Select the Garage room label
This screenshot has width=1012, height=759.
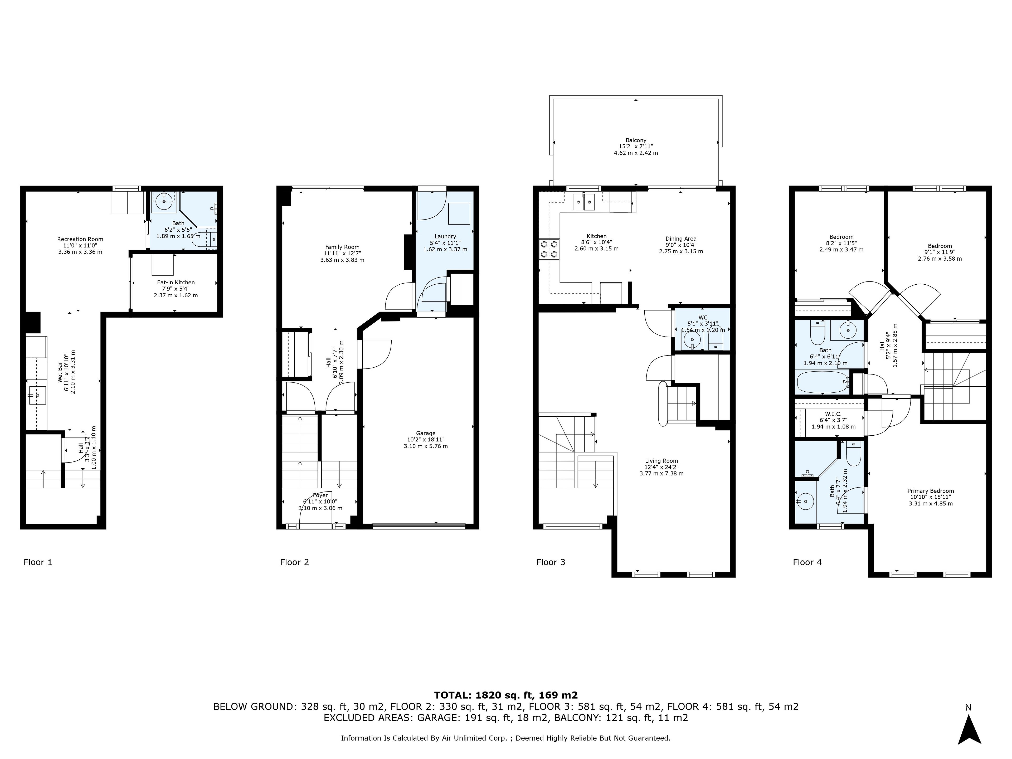tap(425, 433)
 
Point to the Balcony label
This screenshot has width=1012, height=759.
tap(636, 140)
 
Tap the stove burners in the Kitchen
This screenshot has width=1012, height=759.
tap(549, 250)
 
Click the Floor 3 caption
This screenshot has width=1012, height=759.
tap(551, 562)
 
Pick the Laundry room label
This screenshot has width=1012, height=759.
tap(445, 237)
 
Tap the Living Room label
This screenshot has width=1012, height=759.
tap(661, 461)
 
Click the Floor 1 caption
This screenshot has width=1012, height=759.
tap(38, 562)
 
